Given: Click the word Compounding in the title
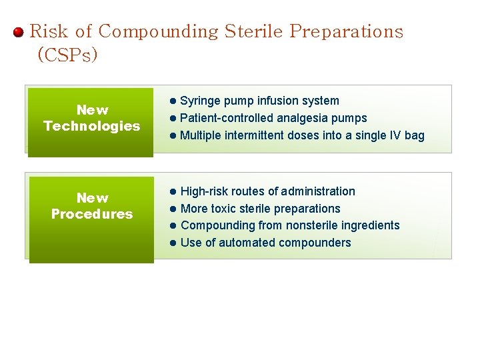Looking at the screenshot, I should coord(159,31).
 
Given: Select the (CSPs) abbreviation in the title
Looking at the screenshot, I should coord(67,55).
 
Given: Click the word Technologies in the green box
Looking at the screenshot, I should coord(92,126).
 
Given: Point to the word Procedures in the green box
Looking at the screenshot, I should coord(92,214).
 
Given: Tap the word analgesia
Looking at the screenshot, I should coord(292,119).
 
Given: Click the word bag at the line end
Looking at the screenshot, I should coord(415,136).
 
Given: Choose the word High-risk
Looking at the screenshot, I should coord(204,192).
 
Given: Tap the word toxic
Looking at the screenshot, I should coord(225,209).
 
